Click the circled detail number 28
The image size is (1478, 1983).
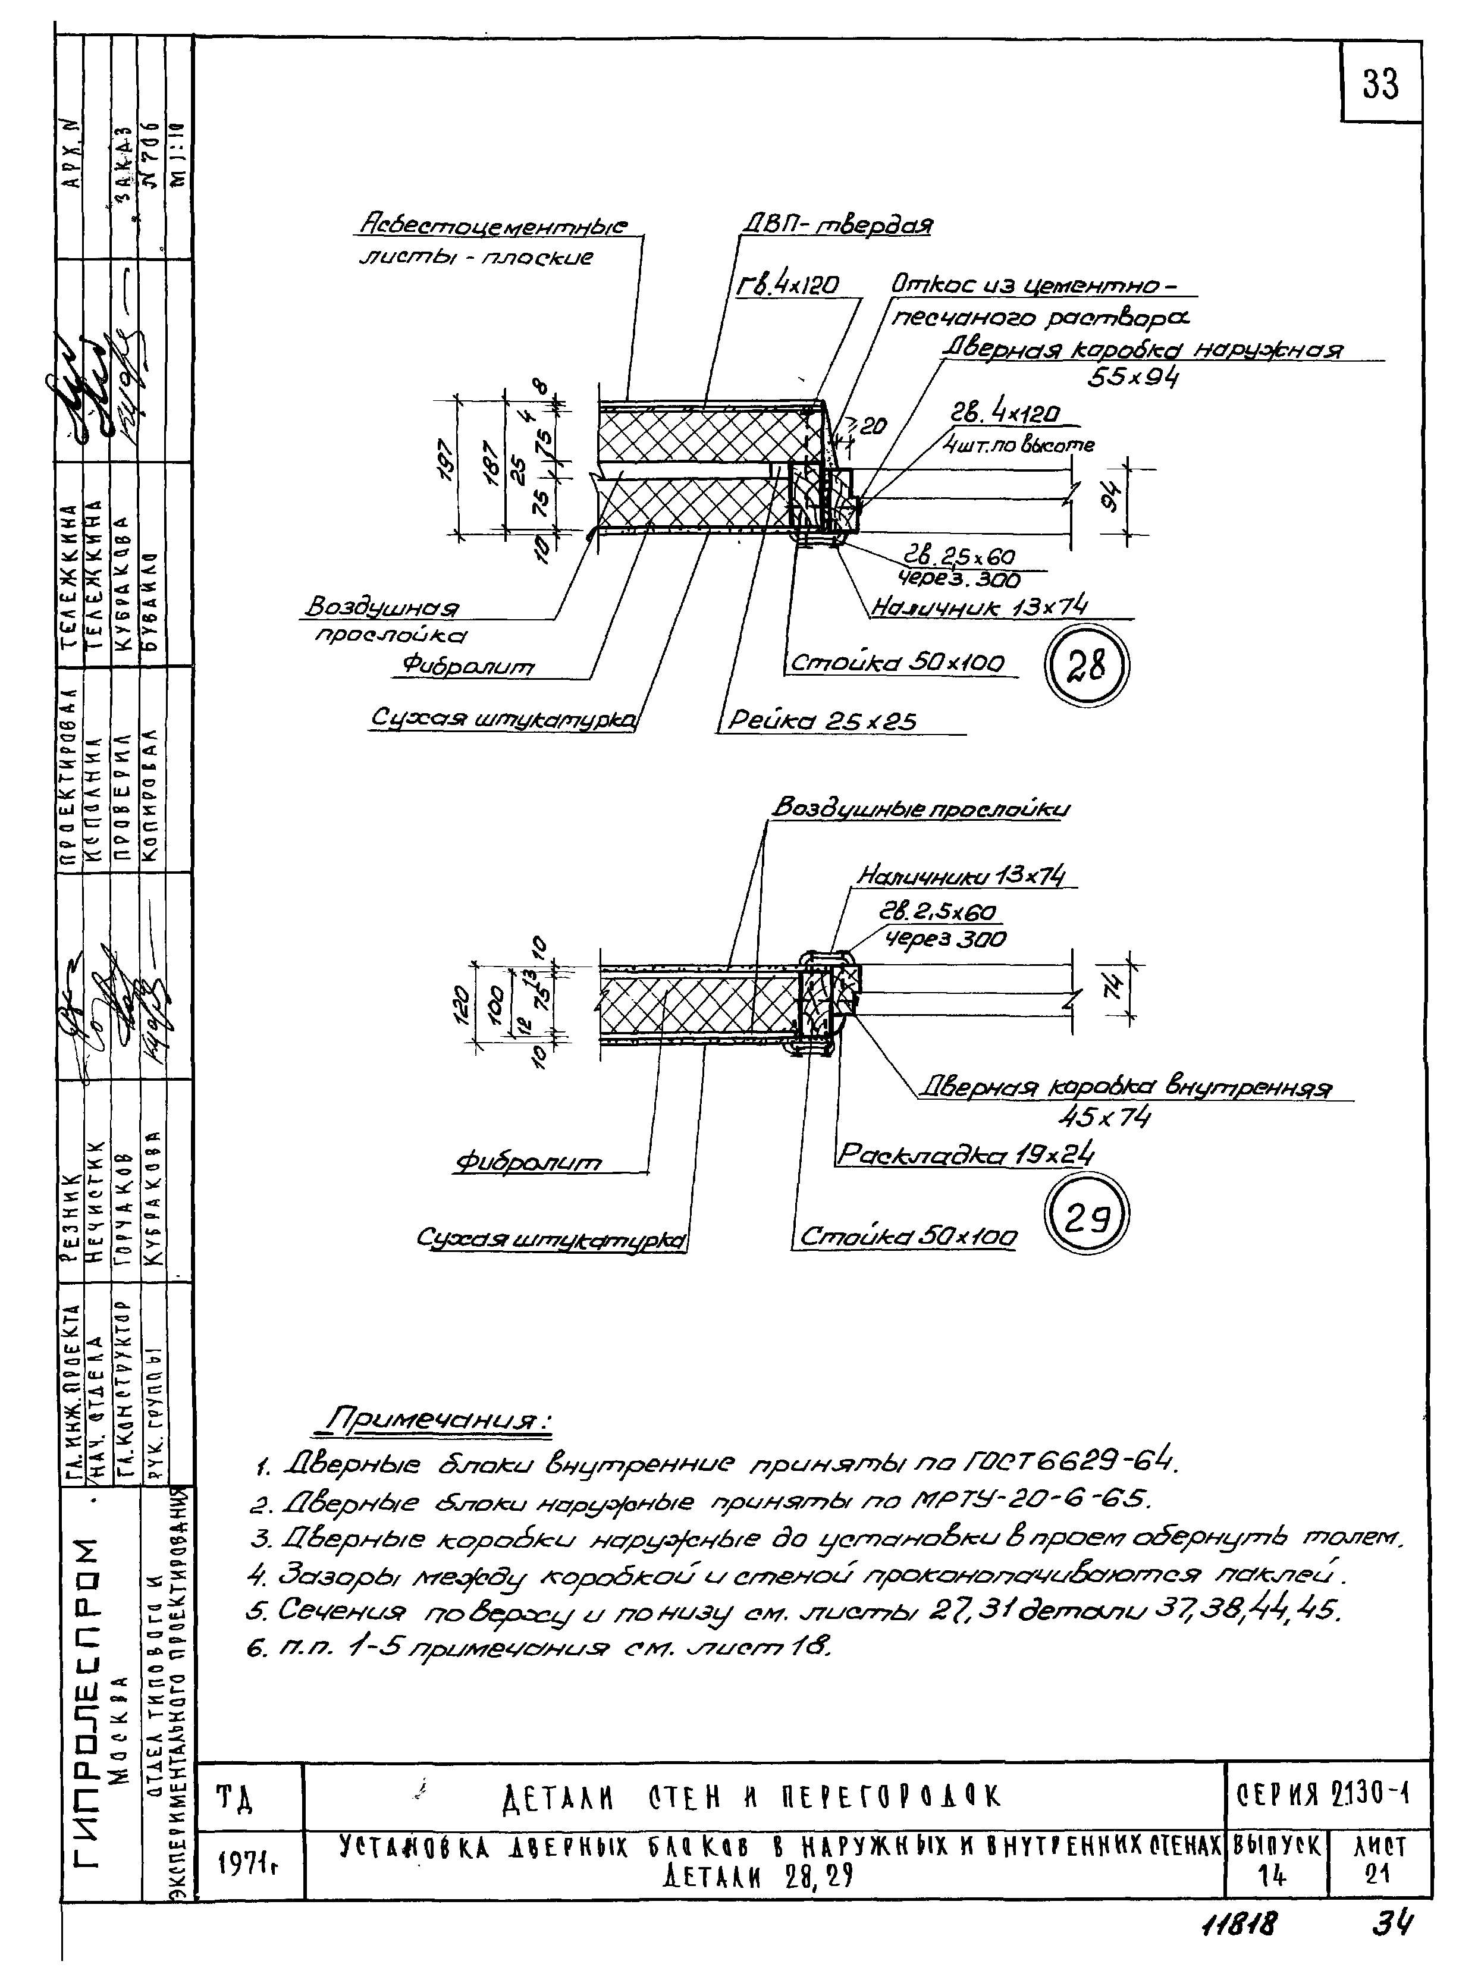1087,666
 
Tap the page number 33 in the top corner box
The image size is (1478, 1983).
1380,85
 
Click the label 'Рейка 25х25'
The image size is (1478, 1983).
822,721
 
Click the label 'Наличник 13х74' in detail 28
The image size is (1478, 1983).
980,608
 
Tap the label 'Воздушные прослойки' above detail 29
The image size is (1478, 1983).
920,808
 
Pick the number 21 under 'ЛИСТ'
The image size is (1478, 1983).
1378,1875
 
